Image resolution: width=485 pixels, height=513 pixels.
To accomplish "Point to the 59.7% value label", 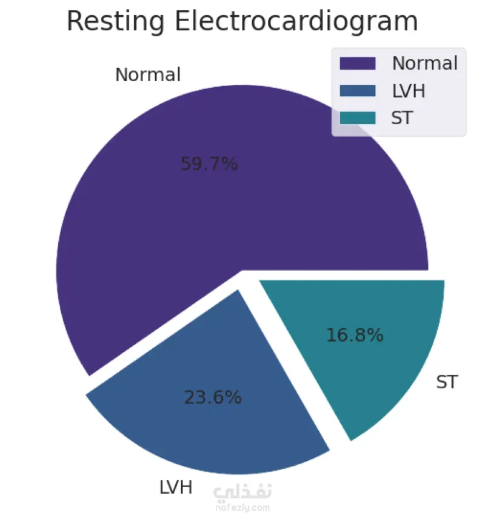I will click(x=209, y=164).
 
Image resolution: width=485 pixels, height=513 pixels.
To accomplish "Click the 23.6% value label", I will click(x=213, y=397).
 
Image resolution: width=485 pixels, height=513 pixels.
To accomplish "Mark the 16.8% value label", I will click(x=355, y=335).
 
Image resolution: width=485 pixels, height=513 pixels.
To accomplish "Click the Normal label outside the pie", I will click(x=148, y=75).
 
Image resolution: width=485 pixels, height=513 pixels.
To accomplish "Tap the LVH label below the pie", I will click(x=176, y=487).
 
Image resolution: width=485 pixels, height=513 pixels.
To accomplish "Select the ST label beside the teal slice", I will click(x=447, y=382).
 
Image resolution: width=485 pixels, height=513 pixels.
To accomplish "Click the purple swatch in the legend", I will click(x=358, y=63).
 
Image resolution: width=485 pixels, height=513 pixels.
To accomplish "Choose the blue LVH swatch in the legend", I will click(x=358, y=91).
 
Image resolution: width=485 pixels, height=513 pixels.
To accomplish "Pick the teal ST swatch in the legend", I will click(x=358, y=118).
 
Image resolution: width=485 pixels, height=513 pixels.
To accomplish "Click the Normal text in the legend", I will click(x=424, y=63).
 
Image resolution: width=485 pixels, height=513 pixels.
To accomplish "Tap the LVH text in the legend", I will click(x=409, y=91).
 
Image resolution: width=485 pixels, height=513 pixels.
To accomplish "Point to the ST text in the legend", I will click(x=402, y=118).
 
